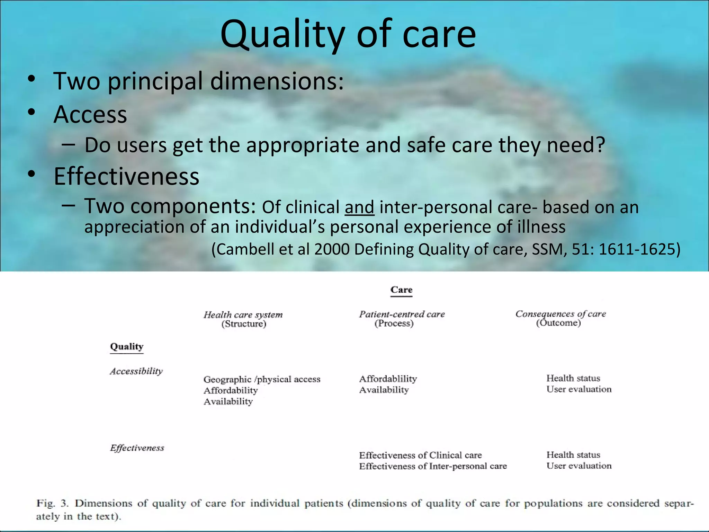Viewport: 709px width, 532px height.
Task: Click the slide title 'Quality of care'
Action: [x=348, y=34]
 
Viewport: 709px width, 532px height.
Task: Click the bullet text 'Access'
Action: [x=90, y=114]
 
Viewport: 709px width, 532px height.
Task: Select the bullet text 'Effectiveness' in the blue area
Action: [x=126, y=176]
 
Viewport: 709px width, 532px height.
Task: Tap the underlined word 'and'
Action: [x=359, y=207]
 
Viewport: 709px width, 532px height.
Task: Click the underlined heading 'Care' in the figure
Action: [x=401, y=290]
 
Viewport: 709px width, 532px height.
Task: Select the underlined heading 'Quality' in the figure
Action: [x=126, y=347]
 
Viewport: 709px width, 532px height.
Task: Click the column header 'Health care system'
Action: [x=243, y=314]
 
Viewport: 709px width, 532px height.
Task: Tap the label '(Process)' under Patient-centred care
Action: [x=394, y=323]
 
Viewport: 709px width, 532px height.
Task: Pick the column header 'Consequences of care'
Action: [x=560, y=314]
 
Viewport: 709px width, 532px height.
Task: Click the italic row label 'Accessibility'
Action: [x=136, y=371]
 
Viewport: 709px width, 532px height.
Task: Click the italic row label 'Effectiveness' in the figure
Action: [x=137, y=448]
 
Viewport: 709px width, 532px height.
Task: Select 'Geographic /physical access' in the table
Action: [x=262, y=379]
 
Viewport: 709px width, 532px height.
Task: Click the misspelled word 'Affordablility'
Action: [x=388, y=379]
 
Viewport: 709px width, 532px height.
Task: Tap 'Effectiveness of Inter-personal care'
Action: [x=433, y=466]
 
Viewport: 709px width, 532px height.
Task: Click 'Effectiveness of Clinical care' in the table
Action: [x=420, y=455]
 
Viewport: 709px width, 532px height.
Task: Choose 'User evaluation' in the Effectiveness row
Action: [x=579, y=466]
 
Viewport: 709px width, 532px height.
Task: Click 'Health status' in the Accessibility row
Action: [x=573, y=378]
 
